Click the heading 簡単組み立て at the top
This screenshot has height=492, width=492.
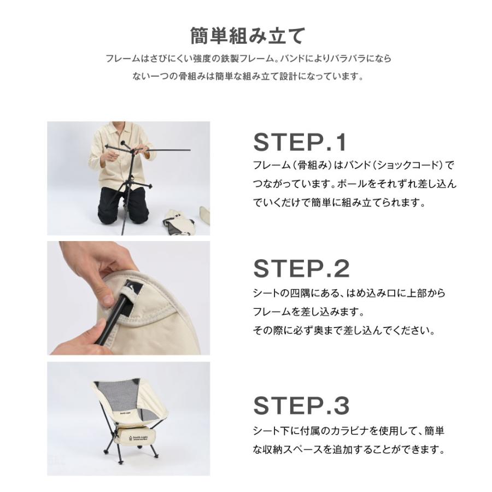coord(247,36)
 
